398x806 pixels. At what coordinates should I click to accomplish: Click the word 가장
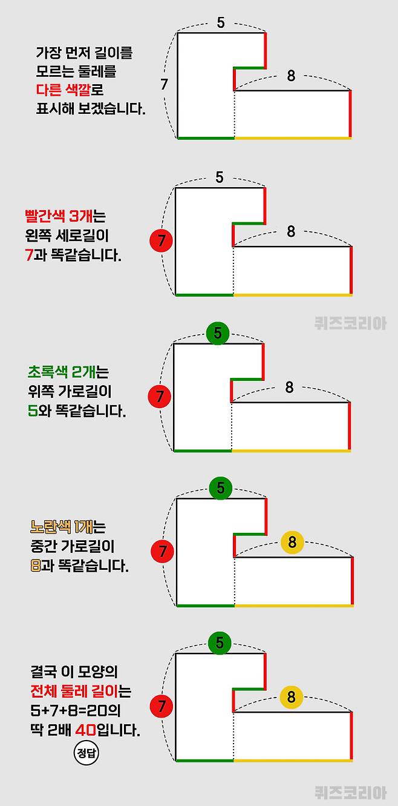point(48,53)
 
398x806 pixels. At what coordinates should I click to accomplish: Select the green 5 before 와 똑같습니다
point(32,411)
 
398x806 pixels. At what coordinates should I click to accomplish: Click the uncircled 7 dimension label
point(164,85)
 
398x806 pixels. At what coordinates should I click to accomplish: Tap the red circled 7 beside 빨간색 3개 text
point(161,240)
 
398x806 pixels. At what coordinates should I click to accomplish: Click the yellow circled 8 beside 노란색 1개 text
point(292,543)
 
